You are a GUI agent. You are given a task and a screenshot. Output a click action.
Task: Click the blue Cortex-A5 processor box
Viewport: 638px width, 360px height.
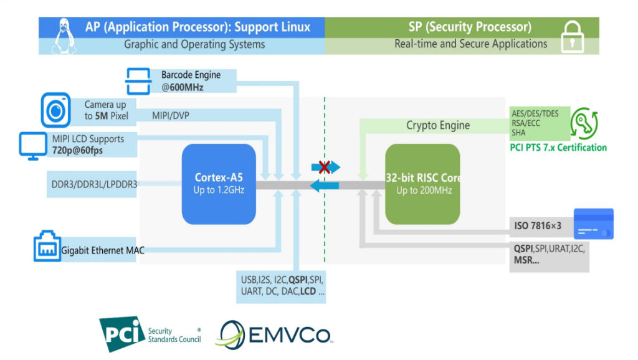[x=219, y=184]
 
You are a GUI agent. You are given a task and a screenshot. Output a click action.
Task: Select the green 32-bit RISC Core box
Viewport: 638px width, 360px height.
[x=423, y=184]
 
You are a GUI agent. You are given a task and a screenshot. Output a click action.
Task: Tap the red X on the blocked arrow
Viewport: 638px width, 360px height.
[x=324, y=166]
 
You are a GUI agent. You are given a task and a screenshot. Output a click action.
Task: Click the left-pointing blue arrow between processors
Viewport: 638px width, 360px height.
[x=325, y=185]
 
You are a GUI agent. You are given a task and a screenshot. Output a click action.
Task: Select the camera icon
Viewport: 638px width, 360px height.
[x=57, y=110]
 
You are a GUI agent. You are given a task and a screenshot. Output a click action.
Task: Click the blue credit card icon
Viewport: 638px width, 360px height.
[x=593, y=224]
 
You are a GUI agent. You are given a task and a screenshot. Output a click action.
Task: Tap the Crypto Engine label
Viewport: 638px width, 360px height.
[x=438, y=125]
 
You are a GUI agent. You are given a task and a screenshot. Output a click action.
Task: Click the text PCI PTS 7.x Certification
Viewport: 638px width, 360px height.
[x=558, y=148]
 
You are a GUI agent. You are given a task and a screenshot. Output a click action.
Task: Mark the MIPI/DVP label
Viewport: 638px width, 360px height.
[x=171, y=115]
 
